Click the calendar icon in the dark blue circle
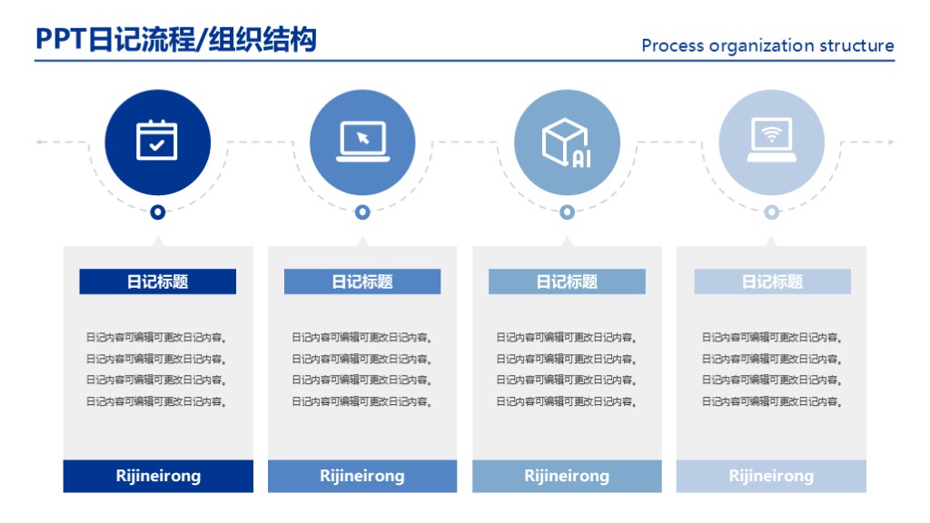[157, 141]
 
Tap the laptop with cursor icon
[362, 142]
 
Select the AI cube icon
[567, 143]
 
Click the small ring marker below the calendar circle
[158, 212]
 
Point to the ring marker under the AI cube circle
[567, 212]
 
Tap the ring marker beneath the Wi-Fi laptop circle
[771, 212]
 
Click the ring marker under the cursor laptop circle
[362, 212]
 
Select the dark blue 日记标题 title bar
[157, 281]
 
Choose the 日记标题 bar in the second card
[362, 281]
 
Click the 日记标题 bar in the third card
[567, 281]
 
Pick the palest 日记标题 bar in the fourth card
[772, 281]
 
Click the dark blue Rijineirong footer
[158, 476]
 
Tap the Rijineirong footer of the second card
[362, 476]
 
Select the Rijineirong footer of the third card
[567, 476]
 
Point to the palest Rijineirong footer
[771, 476]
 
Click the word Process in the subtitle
[672, 45]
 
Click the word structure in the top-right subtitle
[856, 45]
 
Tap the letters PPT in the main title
[60, 39]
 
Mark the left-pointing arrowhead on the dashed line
[40, 142]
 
